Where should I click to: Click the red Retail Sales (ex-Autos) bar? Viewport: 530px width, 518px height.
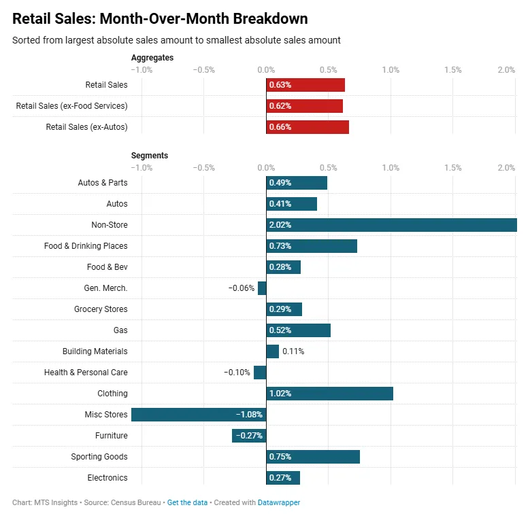[308, 127]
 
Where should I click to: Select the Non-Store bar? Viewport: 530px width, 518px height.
[391, 225]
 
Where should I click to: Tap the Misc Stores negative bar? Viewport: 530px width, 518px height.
[199, 415]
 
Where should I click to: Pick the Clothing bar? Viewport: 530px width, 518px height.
[330, 394]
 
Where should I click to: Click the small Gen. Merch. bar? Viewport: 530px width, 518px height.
[262, 288]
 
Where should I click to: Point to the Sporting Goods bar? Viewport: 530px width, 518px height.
[313, 457]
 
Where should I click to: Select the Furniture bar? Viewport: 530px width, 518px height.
[249, 436]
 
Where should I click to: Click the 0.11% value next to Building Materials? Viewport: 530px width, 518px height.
[293, 351]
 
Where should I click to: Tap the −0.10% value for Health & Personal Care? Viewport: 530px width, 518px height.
[237, 373]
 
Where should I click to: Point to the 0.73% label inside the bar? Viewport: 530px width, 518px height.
[280, 246]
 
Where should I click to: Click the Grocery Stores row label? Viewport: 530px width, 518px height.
[101, 309]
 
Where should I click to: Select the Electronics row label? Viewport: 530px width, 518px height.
[107, 478]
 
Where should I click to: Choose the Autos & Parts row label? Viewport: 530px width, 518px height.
[103, 183]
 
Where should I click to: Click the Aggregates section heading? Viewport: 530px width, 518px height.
[152, 58]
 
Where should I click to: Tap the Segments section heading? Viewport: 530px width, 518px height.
[150, 156]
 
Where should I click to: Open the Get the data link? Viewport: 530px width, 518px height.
[187, 503]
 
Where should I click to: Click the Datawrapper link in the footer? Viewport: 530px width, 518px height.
[279, 503]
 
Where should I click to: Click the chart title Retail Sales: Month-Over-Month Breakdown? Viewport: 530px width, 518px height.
[160, 19]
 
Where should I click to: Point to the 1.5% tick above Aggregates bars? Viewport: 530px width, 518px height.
[452, 70]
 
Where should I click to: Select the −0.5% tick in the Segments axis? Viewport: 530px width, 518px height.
[203, 168]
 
